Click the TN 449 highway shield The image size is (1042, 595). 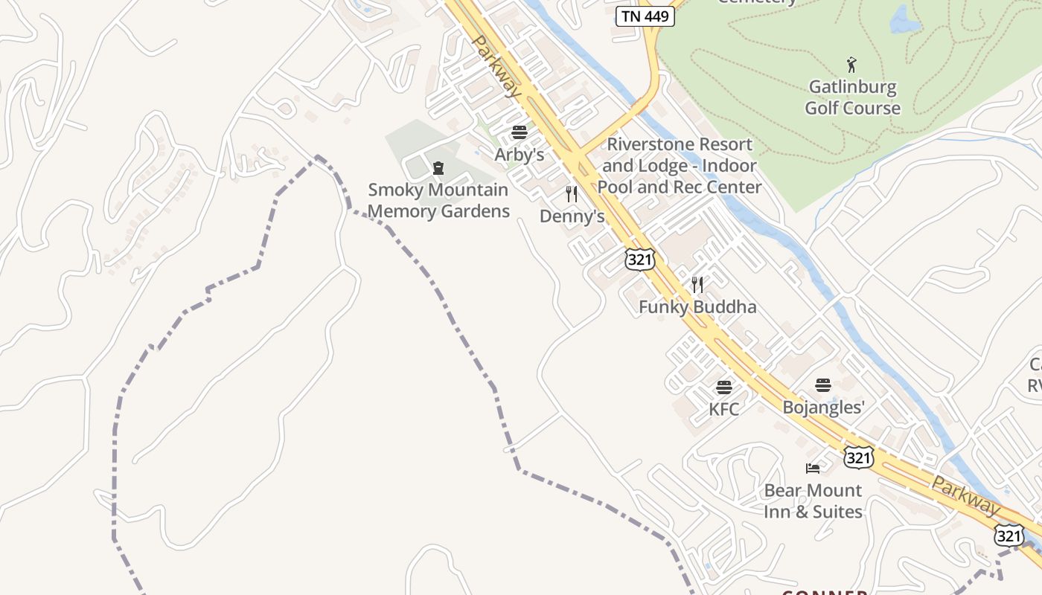pyautogui.click(x=645, y=16)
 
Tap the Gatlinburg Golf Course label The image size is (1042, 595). pyautogui.click(x=852, y=97)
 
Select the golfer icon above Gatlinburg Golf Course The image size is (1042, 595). pyautogui.click(x=852, y=65)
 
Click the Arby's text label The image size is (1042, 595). pyautogui.click(x=520, y=155)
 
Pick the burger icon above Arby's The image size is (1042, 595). pyautogui.click(x=520, y=133)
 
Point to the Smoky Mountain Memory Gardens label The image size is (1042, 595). pyautogui.click(x=438, y=201)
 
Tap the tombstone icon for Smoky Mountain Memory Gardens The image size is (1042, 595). pyautogui.click(x=438, y=168)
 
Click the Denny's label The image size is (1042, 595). pyautogui.click(x=572, y=216)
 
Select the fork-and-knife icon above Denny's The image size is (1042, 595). pyautogui.click(x=572, y=194)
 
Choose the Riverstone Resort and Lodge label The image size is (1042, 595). pyautogui.click(x=679, y=165)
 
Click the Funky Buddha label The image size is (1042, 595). pyautogui.click(x=697, y=306)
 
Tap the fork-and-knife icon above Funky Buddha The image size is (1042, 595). pyautogui.click(x=697, y=284)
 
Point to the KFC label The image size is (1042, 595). pyautogui.click(x=724, y=409)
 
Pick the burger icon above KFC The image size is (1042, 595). pyautogui.click(x=724, y=387)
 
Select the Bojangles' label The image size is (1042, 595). pyautogui.click(x=823, y=407)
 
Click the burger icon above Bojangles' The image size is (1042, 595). pyautogui.click(x=823, y=385)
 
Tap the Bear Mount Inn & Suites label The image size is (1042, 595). pyautogui.click(x=813, y=501)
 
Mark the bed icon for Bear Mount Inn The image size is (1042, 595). pyautogui.click(x=813, y=469)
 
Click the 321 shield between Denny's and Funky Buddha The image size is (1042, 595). pyautogui.click(x=640, y=259)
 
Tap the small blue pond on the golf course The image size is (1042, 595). pyautogui.click(x=904, y=21)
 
